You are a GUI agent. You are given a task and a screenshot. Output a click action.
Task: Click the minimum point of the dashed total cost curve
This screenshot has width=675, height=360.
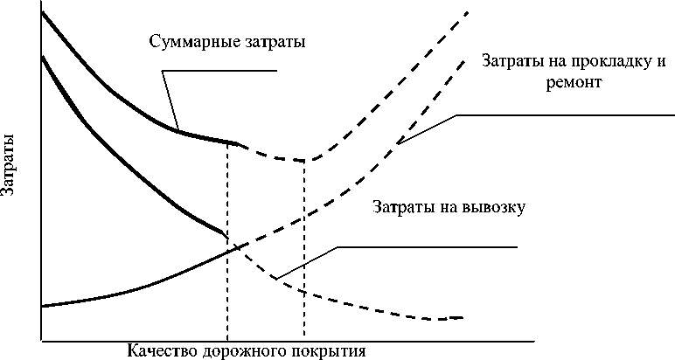pos(303,160)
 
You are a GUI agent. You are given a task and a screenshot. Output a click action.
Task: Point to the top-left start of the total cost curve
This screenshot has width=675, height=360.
pos(41,10)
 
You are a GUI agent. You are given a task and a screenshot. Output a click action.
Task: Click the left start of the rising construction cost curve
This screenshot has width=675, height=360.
pos(42,306)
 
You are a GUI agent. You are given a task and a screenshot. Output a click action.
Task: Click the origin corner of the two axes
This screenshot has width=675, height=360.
pos(40,339)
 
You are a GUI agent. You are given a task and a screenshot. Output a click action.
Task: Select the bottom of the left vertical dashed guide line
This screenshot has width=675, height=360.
pos(227,338)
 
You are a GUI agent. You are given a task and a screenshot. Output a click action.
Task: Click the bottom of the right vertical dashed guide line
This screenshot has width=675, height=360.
pos(304,338)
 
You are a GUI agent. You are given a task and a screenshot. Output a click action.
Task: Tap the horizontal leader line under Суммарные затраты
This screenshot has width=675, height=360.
pos(227,71)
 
